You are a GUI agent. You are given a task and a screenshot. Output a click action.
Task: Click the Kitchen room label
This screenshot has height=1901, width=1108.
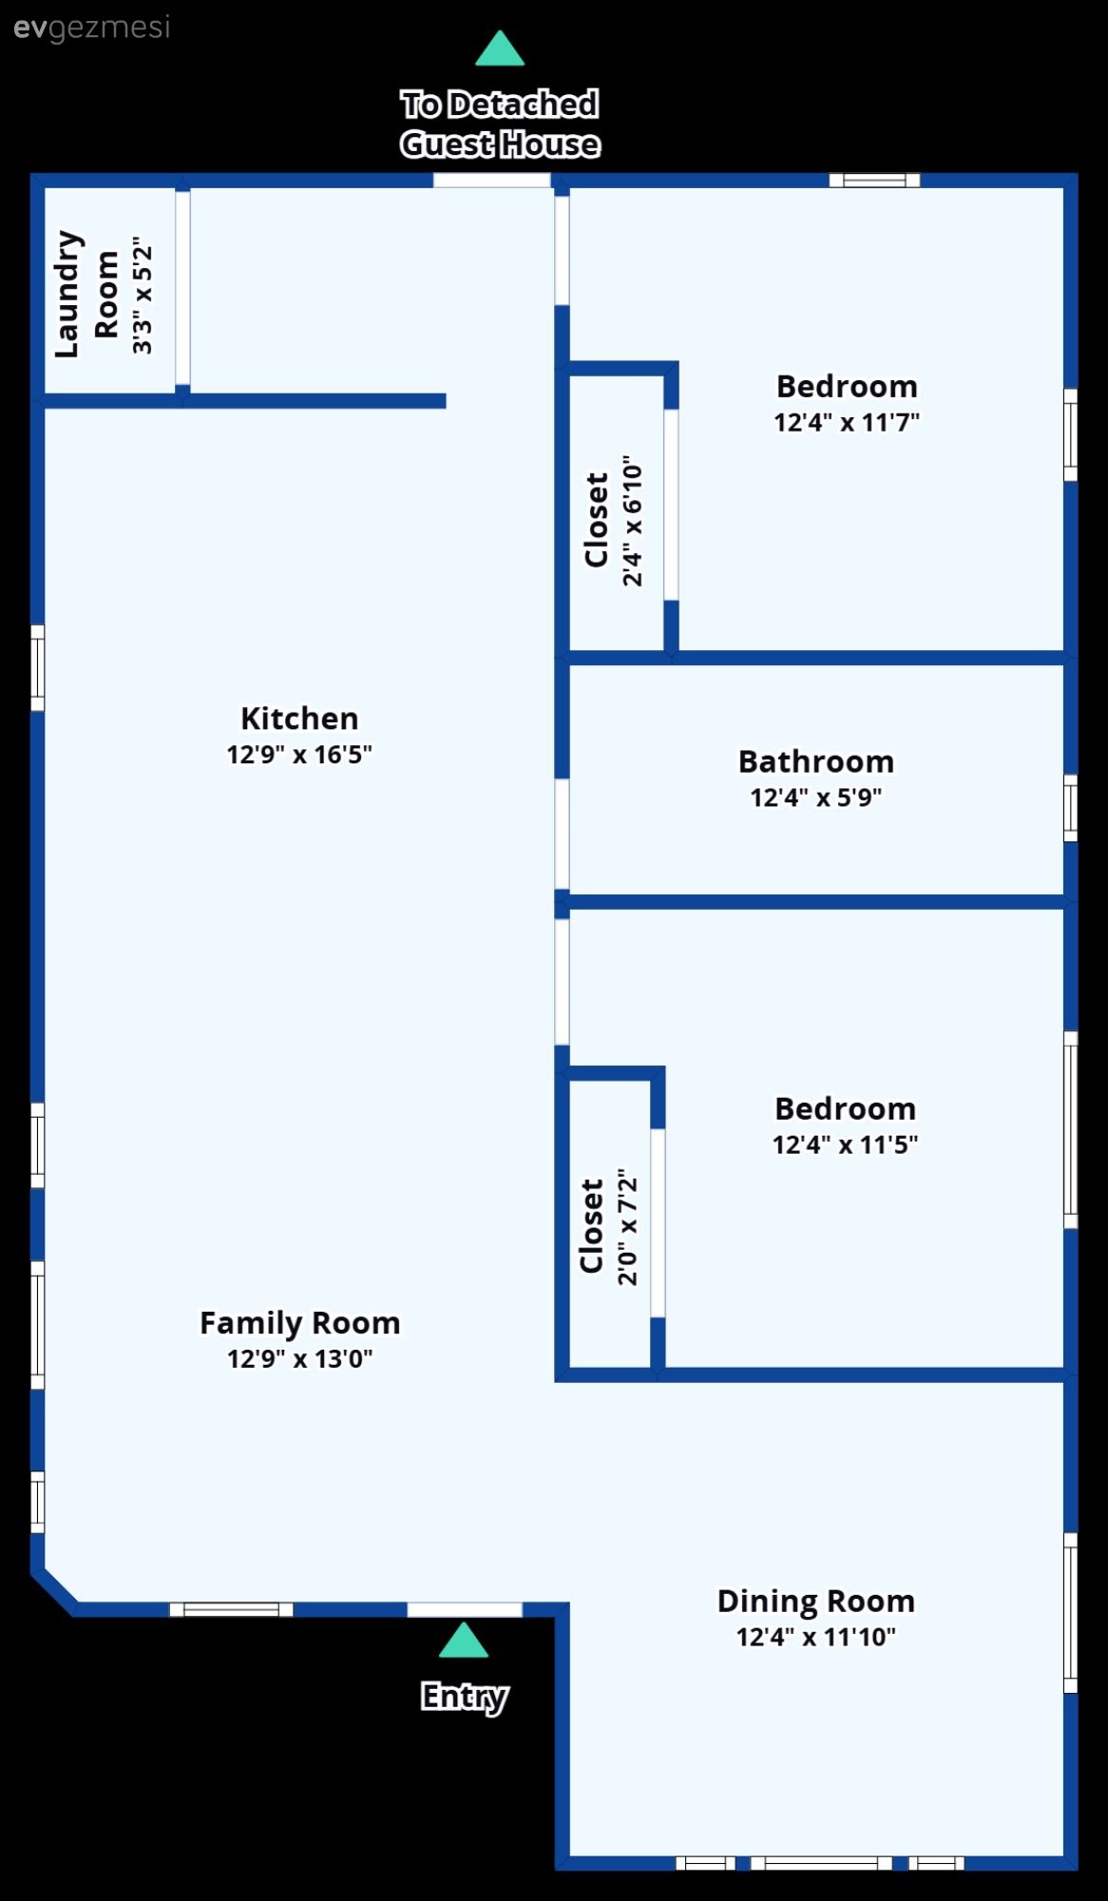pyautogui.click(x=299, y=719)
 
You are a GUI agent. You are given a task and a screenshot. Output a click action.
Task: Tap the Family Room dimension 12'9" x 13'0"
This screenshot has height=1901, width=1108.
pyautogui.click(x=299, y=1358)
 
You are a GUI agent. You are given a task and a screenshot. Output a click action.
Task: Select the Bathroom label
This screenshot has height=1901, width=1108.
pyautogui.click(x=815, y=761)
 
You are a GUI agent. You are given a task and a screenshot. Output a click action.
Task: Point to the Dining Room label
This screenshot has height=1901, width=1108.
pyautogui.click(x=815, y=1601)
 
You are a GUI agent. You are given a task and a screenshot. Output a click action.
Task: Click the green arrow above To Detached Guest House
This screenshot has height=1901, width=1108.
pyautogui.click(x=499, y=49)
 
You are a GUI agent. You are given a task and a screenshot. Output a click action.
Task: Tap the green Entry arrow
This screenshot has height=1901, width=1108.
pyautogui.click(x=464, y=1640)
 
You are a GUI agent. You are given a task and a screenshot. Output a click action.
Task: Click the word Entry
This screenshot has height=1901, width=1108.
pyautogui.click(x=464, y=1696)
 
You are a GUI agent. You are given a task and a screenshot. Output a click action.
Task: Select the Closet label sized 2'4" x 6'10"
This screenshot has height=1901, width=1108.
pyautogui.click(x=597, y=520)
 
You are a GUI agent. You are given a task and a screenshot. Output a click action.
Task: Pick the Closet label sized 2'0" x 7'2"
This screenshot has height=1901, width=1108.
pyautogui.click(x=592, y=1226)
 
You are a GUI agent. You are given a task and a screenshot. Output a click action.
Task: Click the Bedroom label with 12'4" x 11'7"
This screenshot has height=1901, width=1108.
pyautogui.click(x=847, y=387)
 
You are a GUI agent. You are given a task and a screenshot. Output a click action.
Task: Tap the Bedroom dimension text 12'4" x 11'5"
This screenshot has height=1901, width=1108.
pyautogui.click(x=845, y=1144)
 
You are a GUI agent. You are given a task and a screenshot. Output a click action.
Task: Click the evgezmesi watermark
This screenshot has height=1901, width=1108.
pyautogui.click(x=92, y=28)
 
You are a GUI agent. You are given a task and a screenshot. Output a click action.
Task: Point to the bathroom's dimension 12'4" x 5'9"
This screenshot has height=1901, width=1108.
pyautogui.click(x=815, y=797)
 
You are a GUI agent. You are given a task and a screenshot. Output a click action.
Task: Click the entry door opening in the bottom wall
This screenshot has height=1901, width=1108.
pyautogui.click(x=465, y=1609)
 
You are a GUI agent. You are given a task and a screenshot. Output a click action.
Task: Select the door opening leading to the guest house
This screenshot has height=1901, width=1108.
pyautogui.click(x=491, y=181)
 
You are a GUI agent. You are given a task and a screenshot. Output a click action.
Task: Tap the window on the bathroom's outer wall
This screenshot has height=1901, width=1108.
pyautogui.click(x=1070, y=808)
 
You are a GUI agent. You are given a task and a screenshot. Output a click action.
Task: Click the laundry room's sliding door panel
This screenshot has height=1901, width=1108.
pyautogui.click(x=182, y=287)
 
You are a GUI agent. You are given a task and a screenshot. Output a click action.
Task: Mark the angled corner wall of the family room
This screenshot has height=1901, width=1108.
pyautogui.click(x=55, y=1589)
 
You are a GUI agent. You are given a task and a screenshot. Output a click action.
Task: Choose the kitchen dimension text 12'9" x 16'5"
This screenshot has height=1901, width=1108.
pyautogui.click(x=299, y=755)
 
